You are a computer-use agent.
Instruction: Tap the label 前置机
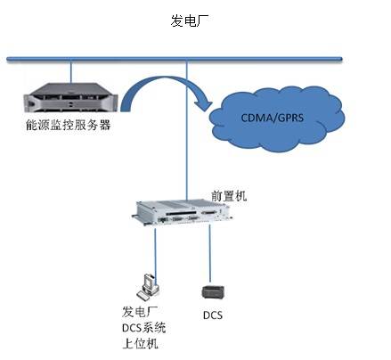[229, 194]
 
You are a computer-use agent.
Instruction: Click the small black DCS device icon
[213, 292]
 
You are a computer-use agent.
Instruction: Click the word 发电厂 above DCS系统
[139, 312]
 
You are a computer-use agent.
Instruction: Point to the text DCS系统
[143, 327]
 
